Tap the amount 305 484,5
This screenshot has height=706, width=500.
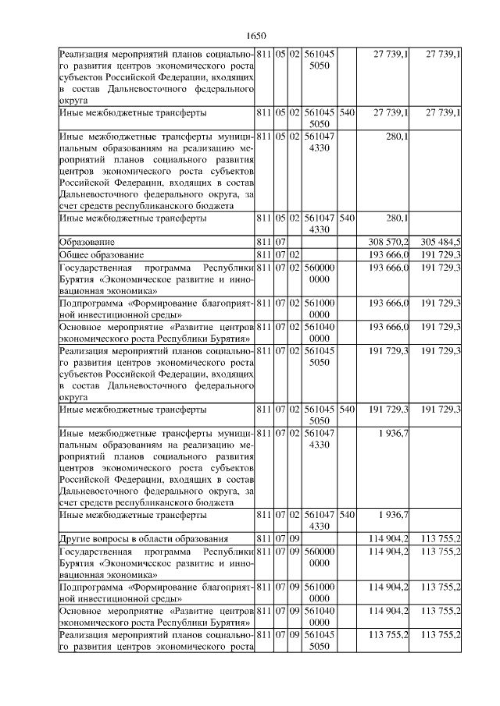point(437,242)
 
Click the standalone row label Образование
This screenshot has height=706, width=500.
point(87,242)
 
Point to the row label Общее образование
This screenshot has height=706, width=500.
point(101,255)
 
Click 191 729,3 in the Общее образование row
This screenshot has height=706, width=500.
point(437,255)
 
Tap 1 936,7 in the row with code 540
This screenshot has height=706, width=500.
point(393,515)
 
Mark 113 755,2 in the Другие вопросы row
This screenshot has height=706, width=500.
point(437,538)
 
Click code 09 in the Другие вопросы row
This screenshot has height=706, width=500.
point(295,538)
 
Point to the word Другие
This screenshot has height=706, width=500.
point(79,538)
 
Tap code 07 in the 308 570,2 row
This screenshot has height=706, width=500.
point(280,242)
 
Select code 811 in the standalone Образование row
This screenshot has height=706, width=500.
point(264,242)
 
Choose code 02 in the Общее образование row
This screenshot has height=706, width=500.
point(295,255)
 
